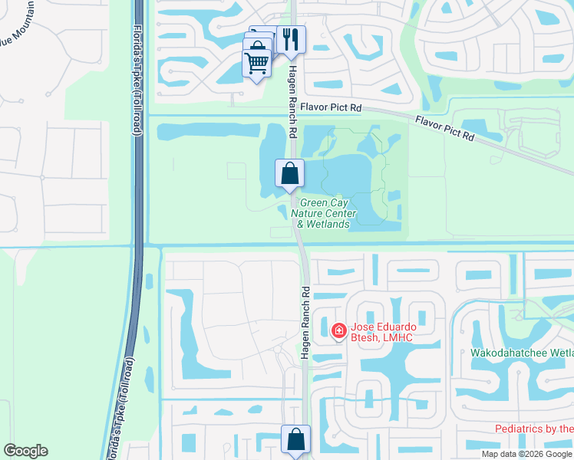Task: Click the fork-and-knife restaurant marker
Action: (x=291, y=39)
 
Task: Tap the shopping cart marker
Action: (x=257, y=63)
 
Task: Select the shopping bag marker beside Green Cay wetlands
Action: (x=289, y=173)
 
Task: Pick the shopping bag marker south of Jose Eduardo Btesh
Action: (x=295, y=439)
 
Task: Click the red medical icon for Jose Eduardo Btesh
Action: (x=338, y=330)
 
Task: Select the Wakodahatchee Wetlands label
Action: (x=522, y=353)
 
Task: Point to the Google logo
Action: (x=26, y=451)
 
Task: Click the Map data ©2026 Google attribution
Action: (x=527, y=454)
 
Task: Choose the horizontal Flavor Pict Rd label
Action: (x=330, y=109)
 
